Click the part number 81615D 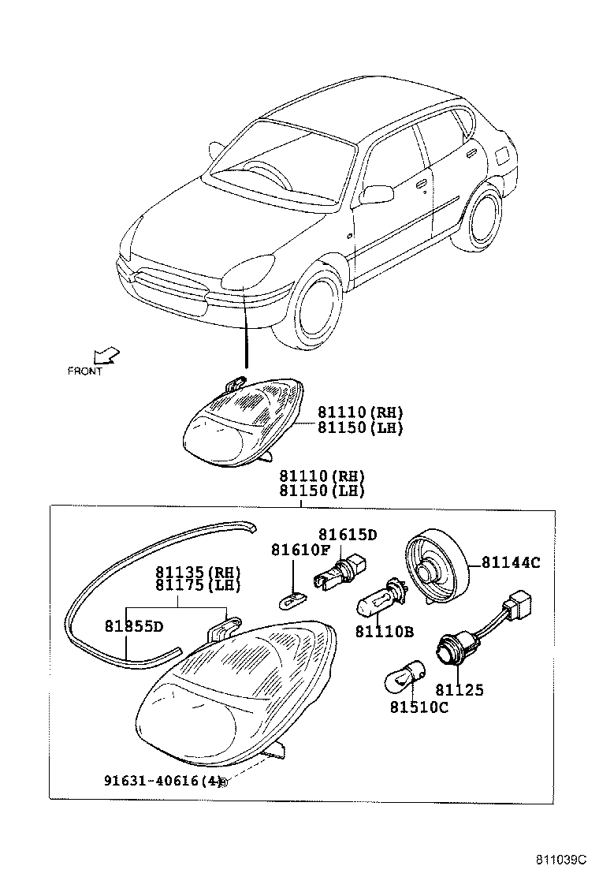pyautogui.click(x=348, y=535)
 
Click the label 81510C pyautogui.click(x=418, y=707)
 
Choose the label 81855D pyautogui.click(x=134, y=626)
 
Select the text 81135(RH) pyautogui.click(x=198, y=571)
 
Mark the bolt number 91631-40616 pyautogui.click(x=152, y=781)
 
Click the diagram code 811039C pyautogui.click(x=562, y=859)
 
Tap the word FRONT pyautogui.click(x=85, y=371)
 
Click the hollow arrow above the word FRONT pyautogui.click(x=104, y=356)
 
